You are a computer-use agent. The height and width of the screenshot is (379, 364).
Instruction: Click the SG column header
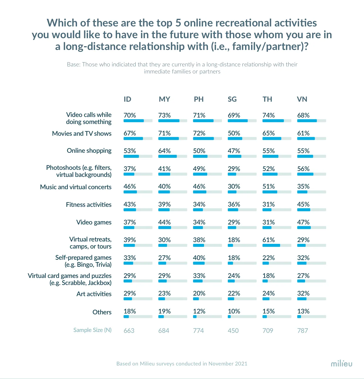tap(232, 99)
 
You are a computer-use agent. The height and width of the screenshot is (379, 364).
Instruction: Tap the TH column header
tap(267, 99)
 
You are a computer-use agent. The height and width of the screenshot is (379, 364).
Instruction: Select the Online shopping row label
tap(89, 151)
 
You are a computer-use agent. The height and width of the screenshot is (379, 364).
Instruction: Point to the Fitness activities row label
tap(89, 205)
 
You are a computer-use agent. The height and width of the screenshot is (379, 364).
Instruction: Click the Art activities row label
tap(94, 294)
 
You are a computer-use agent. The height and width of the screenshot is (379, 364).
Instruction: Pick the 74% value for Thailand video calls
tap(268, 115)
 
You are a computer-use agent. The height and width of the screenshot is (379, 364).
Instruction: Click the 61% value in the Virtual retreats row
tap(268, 240)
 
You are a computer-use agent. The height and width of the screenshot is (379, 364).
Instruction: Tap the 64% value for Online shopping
tap(164, 151)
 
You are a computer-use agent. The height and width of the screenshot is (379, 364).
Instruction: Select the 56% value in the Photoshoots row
tap(303, 169)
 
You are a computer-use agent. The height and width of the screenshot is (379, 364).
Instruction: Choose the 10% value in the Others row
tap(234, 311)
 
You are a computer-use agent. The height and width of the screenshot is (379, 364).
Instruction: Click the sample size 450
tap(233, 331)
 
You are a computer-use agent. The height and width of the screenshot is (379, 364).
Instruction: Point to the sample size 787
tap(302, 331)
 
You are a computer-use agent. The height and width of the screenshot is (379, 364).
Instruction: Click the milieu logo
tap(341, 364)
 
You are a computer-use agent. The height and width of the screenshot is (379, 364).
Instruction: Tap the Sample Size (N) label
tap(92, 330)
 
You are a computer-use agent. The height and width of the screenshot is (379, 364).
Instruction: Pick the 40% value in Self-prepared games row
tap(199, 258)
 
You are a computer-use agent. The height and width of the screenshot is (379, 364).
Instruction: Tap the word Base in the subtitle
tap(73, 65)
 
